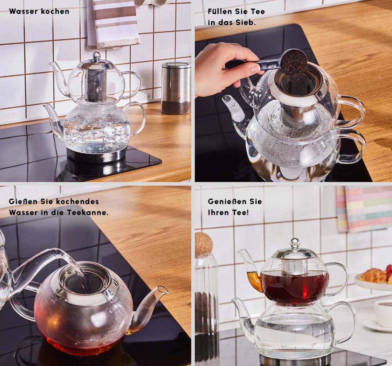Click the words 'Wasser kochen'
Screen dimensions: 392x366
[39, 12]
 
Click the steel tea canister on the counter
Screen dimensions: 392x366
[176, 88]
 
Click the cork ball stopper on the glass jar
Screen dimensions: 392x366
[203, 244]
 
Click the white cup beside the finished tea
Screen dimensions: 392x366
[383, 313]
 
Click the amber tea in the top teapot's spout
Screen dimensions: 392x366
[254, 279]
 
